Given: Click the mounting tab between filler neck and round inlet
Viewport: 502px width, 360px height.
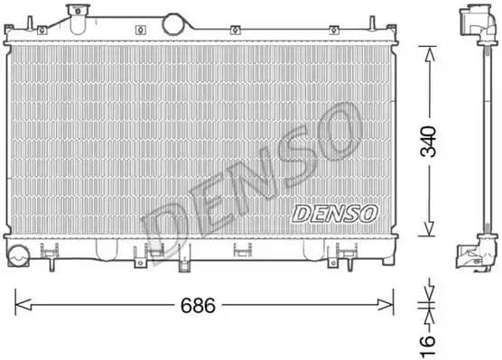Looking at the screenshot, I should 141,30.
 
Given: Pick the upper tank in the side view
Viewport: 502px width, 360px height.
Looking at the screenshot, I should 475,23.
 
